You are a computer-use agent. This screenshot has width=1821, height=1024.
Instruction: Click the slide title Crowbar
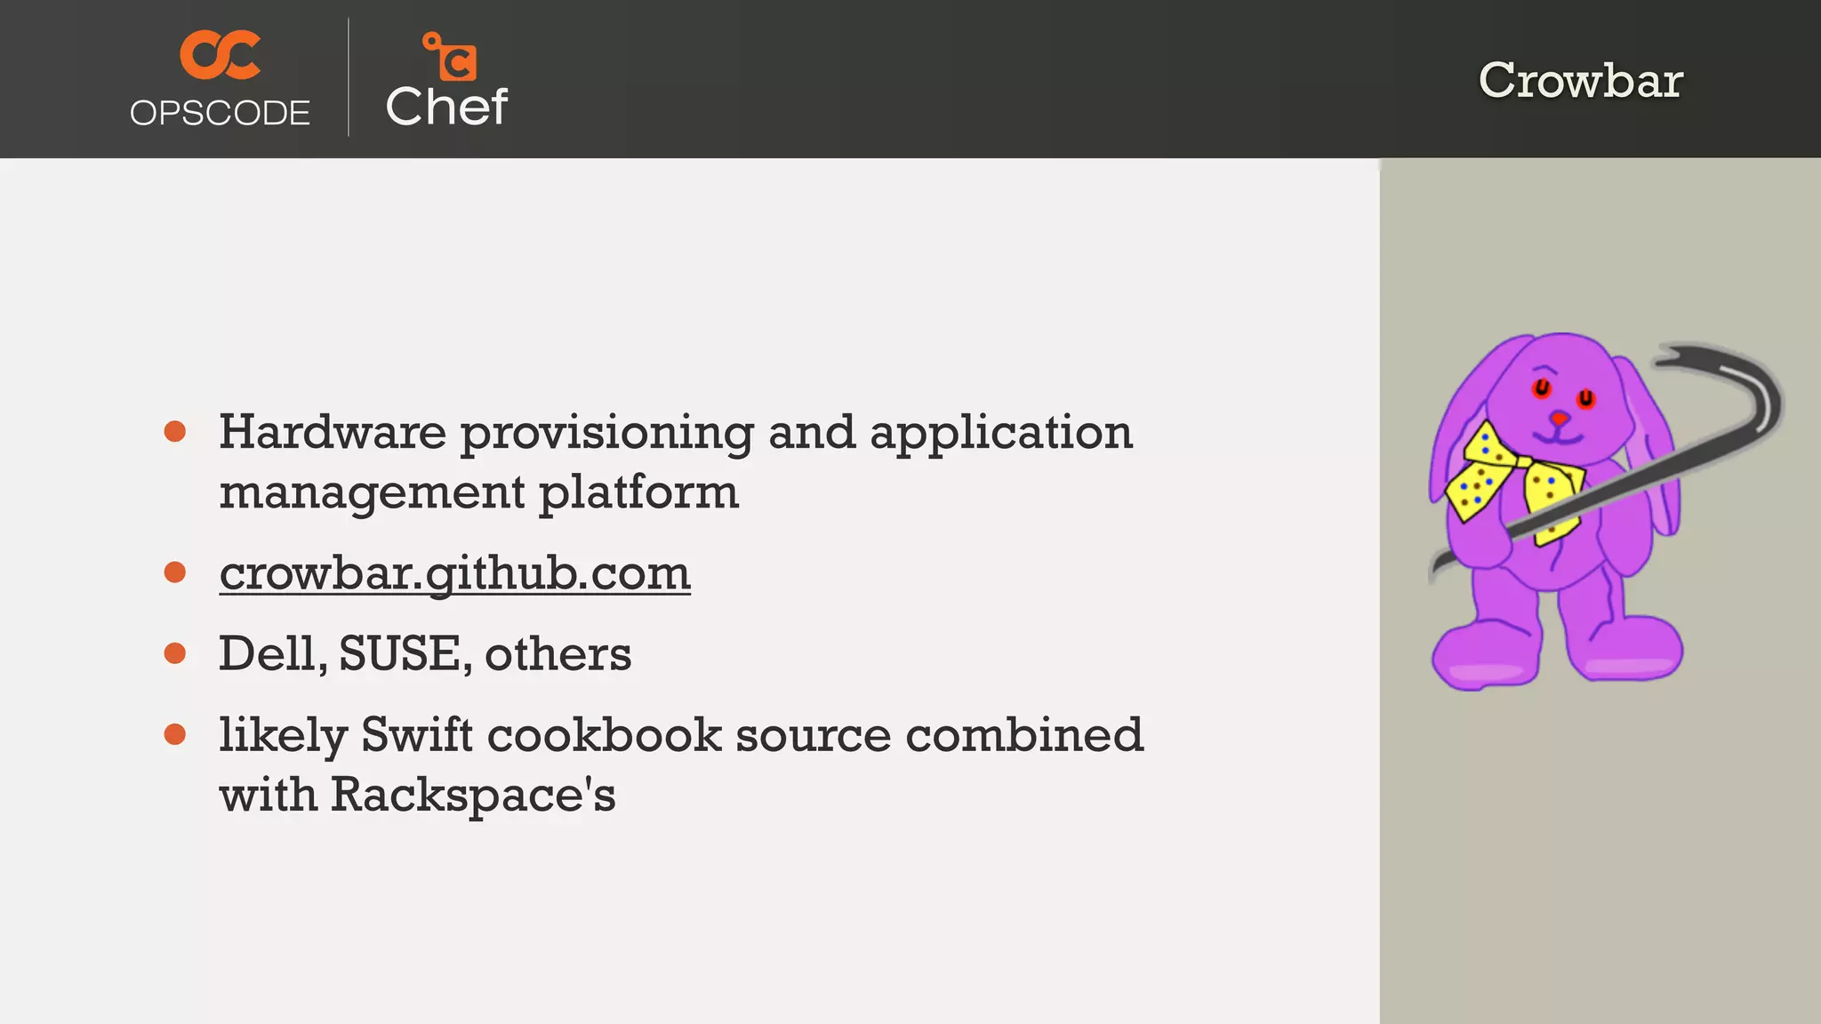coord(1580,80)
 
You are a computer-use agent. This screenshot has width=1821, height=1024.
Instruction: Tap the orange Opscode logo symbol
coord(220,54)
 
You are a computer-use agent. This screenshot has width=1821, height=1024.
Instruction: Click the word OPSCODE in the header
coord(220,113)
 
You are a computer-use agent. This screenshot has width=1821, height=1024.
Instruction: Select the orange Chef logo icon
coord(450,56)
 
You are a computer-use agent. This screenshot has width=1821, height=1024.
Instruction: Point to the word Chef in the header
coord(446,107)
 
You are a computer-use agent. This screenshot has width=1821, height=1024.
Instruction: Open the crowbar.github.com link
coord(454,572)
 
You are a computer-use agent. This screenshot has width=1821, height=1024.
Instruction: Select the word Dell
coord(271,653)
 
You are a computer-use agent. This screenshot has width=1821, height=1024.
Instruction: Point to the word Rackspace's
coord(473,794)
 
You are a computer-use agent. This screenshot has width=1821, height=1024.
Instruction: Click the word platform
coord(638,492)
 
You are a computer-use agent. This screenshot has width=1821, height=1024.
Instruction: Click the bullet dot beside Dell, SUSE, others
coord(175,653)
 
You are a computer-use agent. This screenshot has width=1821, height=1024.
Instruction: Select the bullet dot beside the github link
coord(175,572)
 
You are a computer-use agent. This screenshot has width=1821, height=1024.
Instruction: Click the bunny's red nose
coord(1559,417)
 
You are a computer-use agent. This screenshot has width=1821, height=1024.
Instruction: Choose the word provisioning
coord(606,434)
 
